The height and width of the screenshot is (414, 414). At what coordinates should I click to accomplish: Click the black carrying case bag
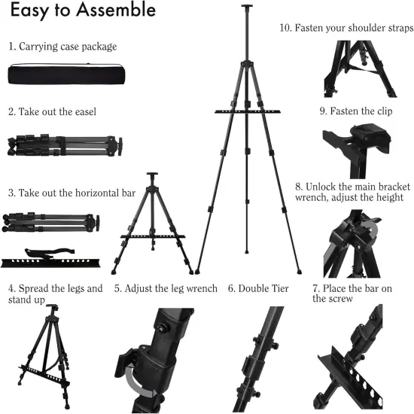pos(62,75)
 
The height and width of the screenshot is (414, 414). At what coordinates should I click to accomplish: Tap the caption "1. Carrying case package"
pos(62,47)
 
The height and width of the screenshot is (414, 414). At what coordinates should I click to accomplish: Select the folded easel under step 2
pos(62,145)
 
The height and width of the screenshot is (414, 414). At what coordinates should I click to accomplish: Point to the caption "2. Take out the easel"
pos(53,111)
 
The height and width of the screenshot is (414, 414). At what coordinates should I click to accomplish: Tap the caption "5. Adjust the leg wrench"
pos(166,288)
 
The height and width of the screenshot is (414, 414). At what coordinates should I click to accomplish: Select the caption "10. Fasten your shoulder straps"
pos(346,28)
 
